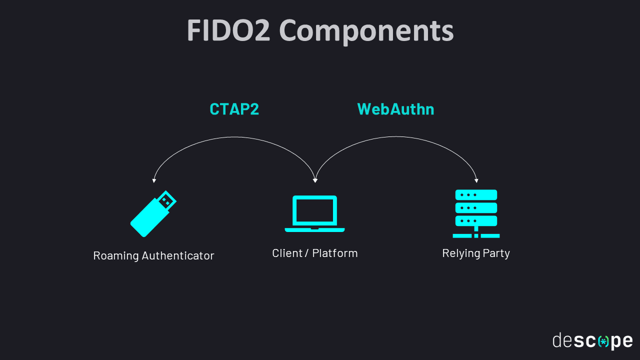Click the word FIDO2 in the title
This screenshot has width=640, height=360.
click(228, 30)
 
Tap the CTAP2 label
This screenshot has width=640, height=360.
click(234, 109)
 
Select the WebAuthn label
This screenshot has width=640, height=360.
click(395, 109)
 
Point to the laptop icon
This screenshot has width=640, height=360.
click(314, 213)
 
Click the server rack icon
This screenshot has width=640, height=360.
click(476, 213)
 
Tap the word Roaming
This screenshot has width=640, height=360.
click(116, 255)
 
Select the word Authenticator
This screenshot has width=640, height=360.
click(177, 255)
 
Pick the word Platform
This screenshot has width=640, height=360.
click(335, 253)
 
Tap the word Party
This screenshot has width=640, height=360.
click(496, 253)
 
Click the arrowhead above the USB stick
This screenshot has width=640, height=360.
click(154, 180)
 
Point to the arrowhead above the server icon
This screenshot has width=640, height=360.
click(476, 180)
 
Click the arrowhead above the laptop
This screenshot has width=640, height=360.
click(315, 180)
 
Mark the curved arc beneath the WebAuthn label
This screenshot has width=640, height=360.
click(396, 136)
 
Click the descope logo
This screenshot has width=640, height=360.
click(592, 341)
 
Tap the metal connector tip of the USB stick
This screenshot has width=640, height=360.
click(167, 200)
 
